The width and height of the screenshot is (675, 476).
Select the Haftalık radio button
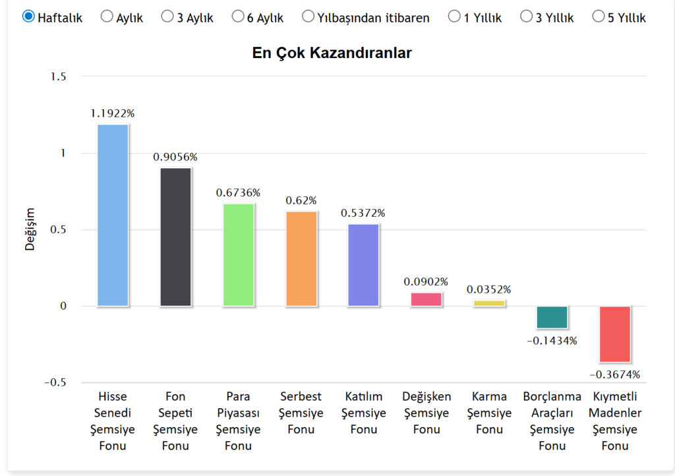click(x=29, y=16)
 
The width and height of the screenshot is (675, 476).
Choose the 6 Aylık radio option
click(x=238, y=16)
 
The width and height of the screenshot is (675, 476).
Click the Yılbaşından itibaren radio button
click(x=308, y=16)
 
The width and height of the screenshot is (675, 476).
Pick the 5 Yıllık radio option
click(x=599, y=16)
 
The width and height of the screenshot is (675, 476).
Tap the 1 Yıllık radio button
click(x=454, y=16)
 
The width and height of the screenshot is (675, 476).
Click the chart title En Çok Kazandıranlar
click(x=332, y=53)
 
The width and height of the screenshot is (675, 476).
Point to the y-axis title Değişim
click(x=30, y=229)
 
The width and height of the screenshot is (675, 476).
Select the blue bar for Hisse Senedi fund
click(x=113, y=215)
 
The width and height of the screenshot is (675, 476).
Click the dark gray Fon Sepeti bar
click(x=176, y=237)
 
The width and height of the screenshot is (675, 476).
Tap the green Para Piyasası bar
click(x=239, y=254)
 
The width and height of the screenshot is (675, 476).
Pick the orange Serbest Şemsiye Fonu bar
click(x=301, y=258)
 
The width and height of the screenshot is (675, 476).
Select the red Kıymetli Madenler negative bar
click(x=615, y=334)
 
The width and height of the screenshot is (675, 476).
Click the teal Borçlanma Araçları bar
click(x=552, y=317)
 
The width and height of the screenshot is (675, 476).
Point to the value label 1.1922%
click(x=113, y=113)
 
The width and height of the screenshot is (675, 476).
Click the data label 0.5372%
click(x=363, y=213)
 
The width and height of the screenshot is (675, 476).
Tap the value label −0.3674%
click(x=614, y=374)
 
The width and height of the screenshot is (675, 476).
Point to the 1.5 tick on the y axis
click(x=59, y=77)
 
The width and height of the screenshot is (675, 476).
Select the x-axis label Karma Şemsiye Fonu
click(x=489, y=413)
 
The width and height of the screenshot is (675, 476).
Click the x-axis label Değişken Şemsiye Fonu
click(x=426, y=413)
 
